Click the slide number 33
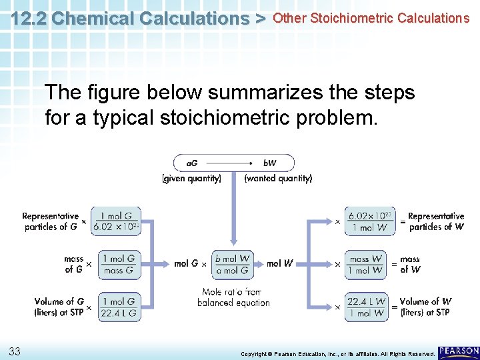tap(14, 351)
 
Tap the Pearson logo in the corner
tap(459, 351)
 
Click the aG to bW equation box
tap(233, 163)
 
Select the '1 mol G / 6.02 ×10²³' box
tap(117, 221)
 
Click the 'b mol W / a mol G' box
tap(233, 264)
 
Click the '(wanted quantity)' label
tap(278, 179)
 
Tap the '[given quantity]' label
tap(192, 179)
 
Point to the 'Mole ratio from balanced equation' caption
tap(233, 297)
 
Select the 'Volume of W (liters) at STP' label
tap(425, 307)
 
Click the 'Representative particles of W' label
tap(435, 221)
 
